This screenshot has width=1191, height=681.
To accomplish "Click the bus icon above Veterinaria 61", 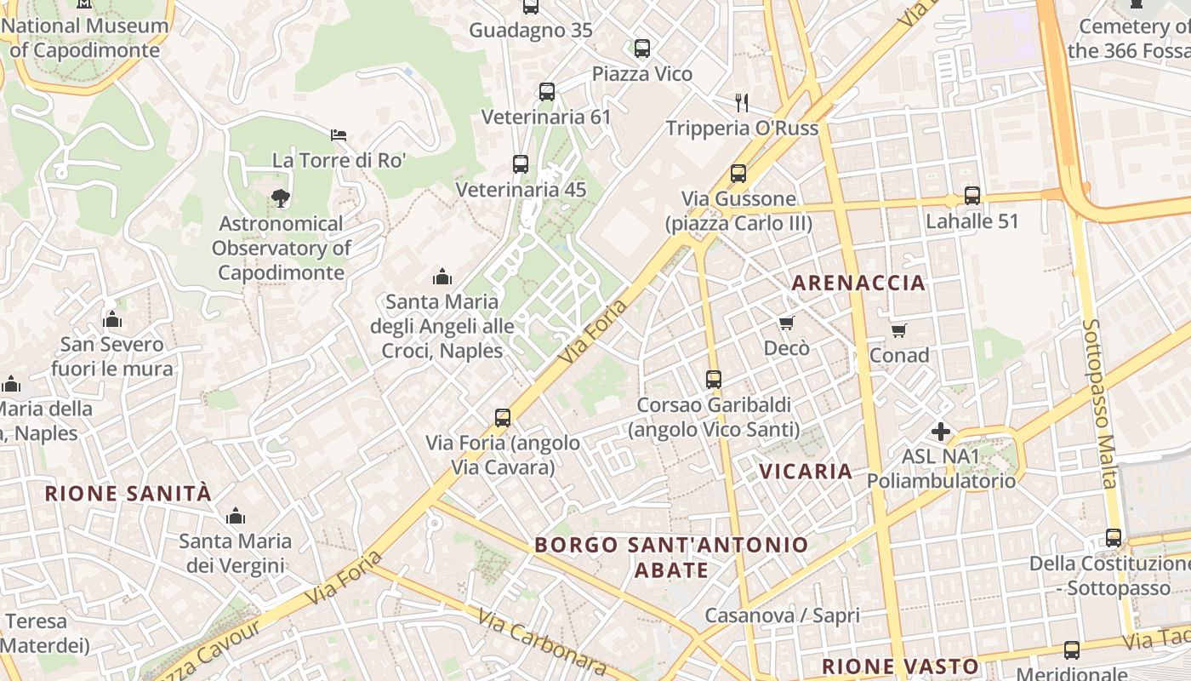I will click(547, 91).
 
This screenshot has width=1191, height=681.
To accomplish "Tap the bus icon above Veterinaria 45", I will click(521, 164).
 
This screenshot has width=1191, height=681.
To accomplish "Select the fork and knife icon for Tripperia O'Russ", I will click(742, 103).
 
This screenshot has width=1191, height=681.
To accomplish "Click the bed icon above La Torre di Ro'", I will click(339, 134).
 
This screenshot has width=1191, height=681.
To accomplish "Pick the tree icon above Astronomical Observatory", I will click(280, 198).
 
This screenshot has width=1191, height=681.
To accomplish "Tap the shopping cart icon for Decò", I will click(786, 323).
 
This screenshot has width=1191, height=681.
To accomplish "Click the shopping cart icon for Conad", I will click(899, 329).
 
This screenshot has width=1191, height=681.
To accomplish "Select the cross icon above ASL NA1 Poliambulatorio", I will click(941, 432).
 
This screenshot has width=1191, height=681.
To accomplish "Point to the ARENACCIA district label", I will click(858, 283).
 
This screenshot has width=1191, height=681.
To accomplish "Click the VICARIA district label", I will click(806, 472).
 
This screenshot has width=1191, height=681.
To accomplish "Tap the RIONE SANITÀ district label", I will click(128, 494).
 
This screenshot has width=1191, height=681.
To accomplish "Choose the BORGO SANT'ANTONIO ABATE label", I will click(671, 557).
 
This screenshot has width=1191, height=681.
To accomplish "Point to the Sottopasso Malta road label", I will click(1099, 403).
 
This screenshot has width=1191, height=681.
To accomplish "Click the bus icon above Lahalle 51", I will click(972, 196).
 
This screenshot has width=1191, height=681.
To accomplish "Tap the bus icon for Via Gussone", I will click(738, 174).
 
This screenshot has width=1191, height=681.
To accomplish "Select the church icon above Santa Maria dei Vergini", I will click(236, 516).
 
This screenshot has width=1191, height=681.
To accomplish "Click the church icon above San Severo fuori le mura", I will click(112, 319).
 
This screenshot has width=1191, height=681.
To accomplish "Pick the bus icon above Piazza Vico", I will click(642, 49).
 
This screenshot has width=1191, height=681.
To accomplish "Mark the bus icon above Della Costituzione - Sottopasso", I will click(1114, 538).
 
